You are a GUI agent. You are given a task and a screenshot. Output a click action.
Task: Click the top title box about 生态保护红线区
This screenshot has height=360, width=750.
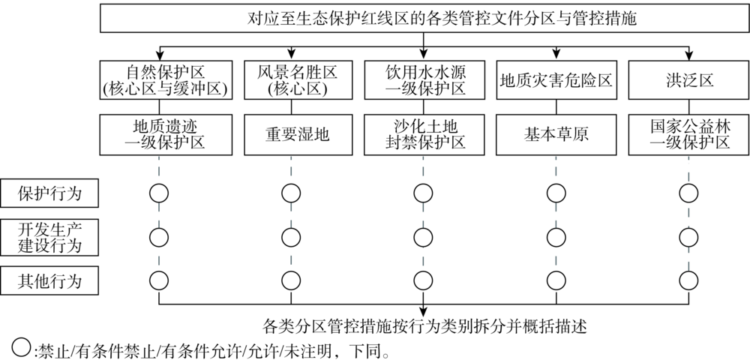tap(424, 17)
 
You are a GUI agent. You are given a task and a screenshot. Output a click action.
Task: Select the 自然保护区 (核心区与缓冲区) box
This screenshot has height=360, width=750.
tap(157, 81)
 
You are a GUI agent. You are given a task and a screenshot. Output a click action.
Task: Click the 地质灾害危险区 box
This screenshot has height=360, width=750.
tap(556, 81)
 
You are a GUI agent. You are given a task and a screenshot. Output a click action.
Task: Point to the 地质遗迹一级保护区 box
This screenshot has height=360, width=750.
tap(157, 134)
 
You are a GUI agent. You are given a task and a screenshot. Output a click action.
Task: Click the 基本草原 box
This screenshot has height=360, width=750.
tap(556, 134)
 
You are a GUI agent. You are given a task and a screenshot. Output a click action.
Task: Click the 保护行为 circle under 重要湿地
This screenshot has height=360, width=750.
tap(291, 193)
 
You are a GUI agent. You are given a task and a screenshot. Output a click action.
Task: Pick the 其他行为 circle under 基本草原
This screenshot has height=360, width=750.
tap(556, 281)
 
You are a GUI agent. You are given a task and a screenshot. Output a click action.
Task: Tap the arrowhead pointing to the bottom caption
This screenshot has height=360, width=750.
tap(424, 311)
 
